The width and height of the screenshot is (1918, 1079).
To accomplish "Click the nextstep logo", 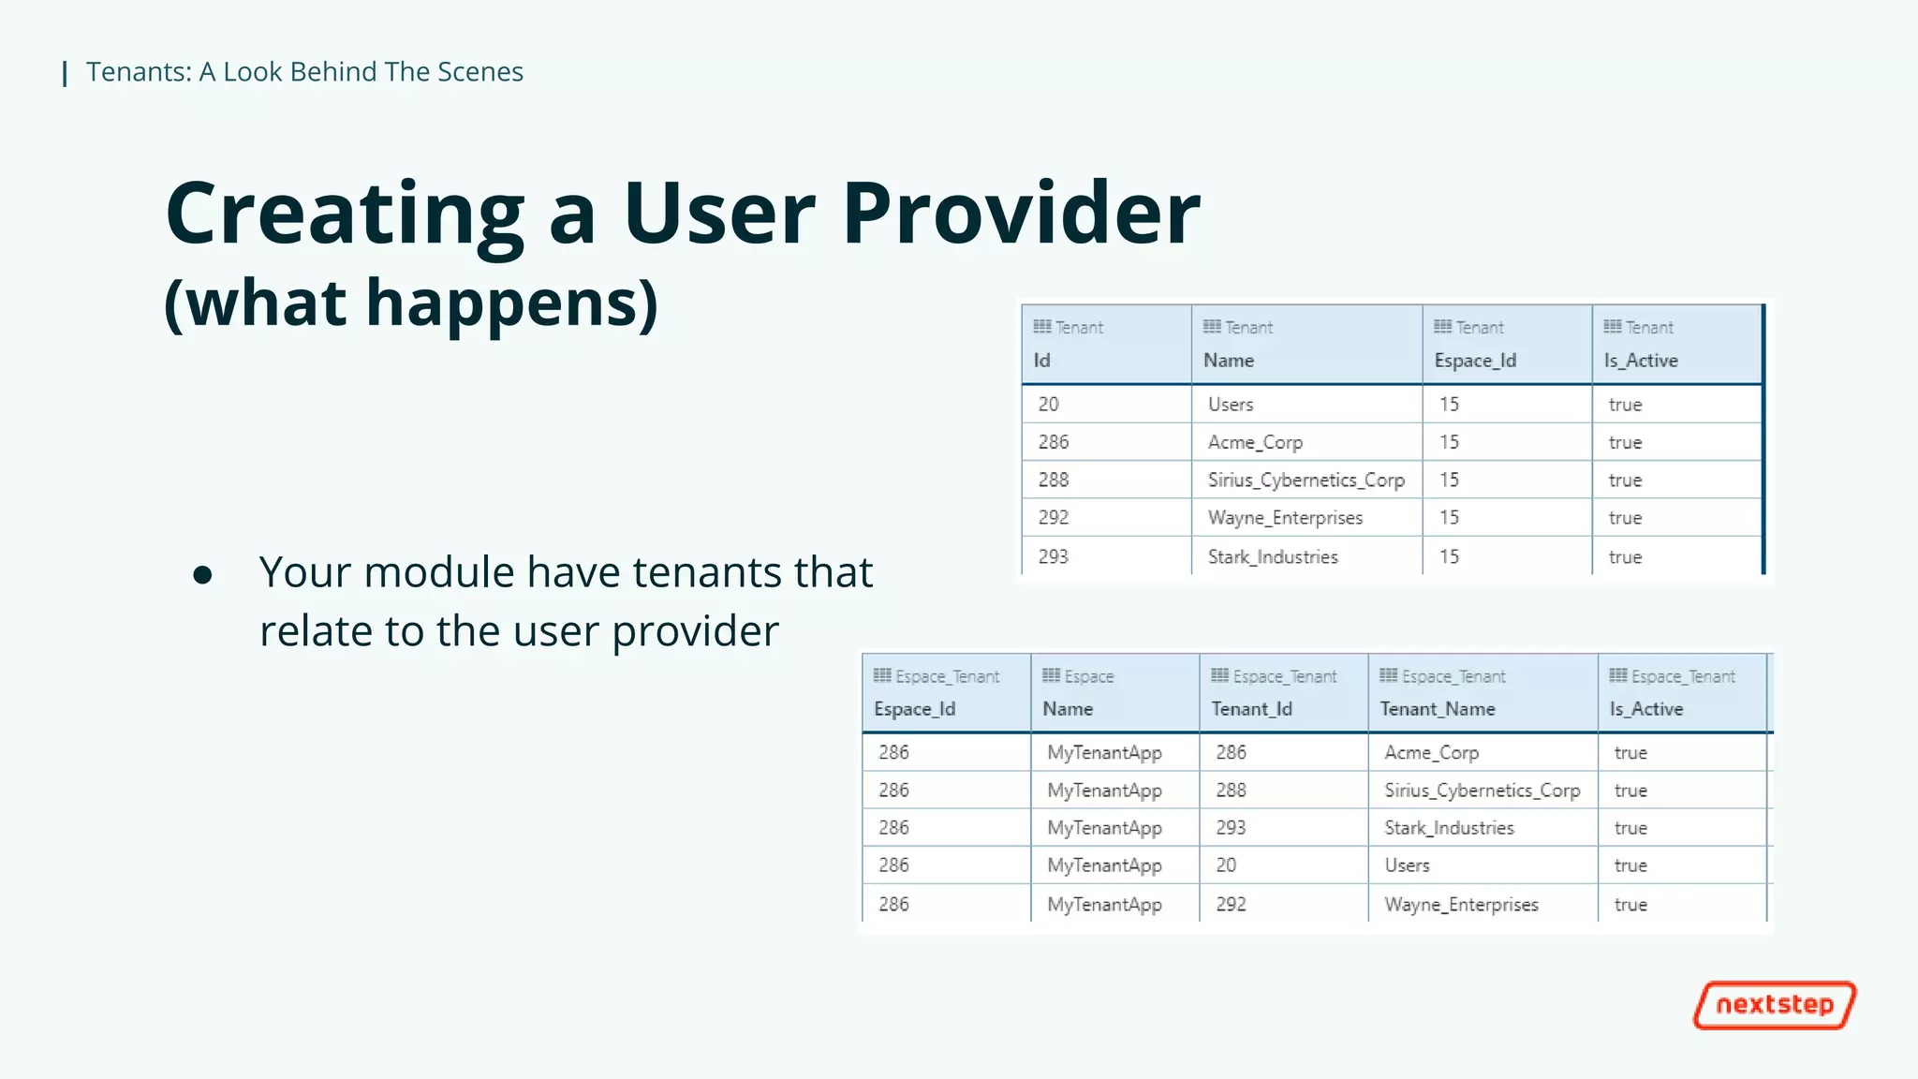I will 1774,1005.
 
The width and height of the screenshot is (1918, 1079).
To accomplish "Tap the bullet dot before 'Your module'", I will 202,574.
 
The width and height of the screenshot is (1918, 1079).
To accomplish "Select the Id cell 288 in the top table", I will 1054,480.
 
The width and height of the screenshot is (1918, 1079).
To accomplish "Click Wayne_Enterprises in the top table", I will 1285,518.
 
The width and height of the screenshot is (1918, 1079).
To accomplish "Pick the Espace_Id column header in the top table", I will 1474,361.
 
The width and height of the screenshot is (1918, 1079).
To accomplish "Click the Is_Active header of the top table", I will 1641,361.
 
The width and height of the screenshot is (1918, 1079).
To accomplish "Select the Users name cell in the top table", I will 1231,405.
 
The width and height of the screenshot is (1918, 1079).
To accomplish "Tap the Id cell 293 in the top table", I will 1054,556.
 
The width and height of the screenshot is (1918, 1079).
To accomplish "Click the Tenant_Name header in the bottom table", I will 1437,709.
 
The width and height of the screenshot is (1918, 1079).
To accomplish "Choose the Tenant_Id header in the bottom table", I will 1251,709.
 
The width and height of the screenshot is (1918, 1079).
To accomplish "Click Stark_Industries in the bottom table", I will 1449,828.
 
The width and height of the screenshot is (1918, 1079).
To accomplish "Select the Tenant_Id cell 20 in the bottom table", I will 1226,865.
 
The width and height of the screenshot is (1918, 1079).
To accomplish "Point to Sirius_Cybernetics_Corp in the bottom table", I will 1482,791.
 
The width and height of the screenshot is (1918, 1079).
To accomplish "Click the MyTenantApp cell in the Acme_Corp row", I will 1104,753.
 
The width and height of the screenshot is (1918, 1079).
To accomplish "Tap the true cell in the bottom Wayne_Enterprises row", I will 1630,905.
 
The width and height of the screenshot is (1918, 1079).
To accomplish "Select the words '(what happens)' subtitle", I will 411,303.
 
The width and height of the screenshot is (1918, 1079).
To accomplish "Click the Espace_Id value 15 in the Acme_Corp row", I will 1449,442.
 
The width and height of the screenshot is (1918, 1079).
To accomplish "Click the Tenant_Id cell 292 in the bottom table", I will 1231,905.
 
